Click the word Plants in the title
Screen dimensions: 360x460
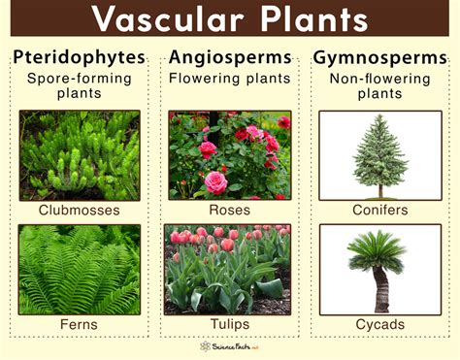pyautogui.click(x=307, y=19)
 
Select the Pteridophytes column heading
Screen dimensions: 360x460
pyautogui.click(x=80, y=57)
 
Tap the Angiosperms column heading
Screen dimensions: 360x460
pyautogui.click(x=230, y=57)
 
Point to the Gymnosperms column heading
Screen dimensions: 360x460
pyautogui.click(x=380, y=57)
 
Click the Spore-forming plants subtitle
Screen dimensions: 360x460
pyautogui.click(x=80, y=86)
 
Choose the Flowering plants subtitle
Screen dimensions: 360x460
pyautogui.click(x=230, y=78)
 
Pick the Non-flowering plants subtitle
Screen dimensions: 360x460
pyautogui.click(x=380, y=86)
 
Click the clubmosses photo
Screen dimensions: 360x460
pyautogui.click(x=80, y=155)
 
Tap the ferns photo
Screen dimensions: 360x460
pyautogui.click(x=80, y=269)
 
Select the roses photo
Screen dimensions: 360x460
pyautogui.click(x=230, y=155)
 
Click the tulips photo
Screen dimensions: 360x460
pyautogui.click(x=230, y=269)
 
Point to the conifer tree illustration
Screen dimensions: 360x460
pyautogui.click(x=380, y=155)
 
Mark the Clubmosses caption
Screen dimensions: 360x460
pyautogui.click(x=80, y=209)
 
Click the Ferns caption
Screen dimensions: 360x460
pyautogui.click(x=80, y=323)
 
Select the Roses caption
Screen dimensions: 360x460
pyautogui.click(x=230, y=209)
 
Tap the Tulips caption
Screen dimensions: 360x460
pyautogui.click(x=230, y=323)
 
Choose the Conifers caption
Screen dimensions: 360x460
pyautogui.click(x=380, y=209)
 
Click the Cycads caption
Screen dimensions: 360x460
pyautogui.click(x=380, y=323)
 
